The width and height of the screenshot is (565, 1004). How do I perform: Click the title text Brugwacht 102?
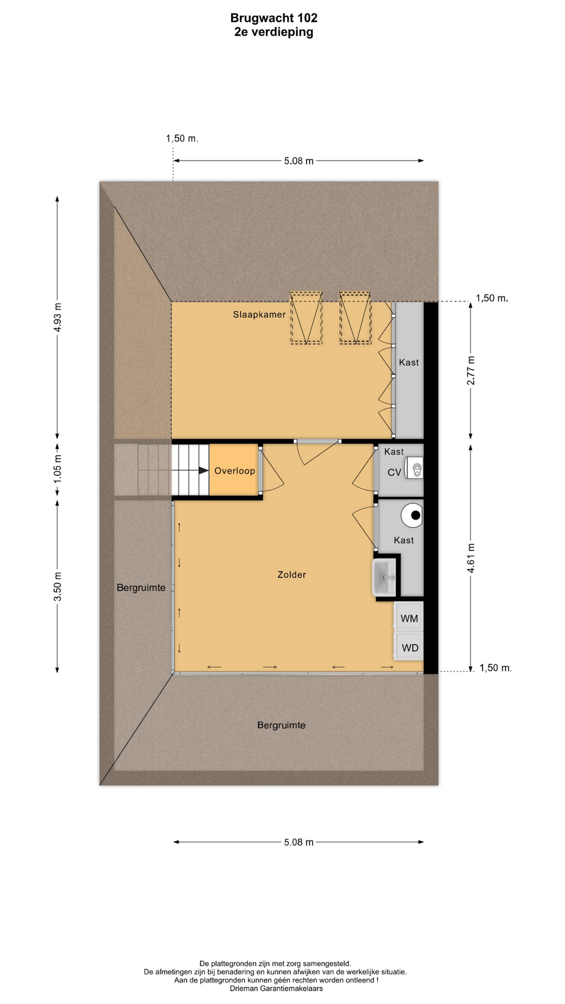[274, 18]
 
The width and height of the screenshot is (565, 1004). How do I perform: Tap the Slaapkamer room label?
[259, 314]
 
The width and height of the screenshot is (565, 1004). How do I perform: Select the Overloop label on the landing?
[234, 471]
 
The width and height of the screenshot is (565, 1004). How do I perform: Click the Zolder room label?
[291, 575]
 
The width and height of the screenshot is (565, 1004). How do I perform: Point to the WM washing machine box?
[409, 618]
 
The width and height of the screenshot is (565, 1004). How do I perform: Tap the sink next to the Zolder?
[385, 577]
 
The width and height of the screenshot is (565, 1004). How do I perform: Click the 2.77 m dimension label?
[471, 370]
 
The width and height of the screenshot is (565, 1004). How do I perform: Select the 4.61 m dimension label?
[471, 558]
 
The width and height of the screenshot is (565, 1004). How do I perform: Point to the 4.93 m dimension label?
[58, 317]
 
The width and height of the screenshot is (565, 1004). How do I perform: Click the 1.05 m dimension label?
[58, 468]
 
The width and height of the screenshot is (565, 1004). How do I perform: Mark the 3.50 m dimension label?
[58, 587]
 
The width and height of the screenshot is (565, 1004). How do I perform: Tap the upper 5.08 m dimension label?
[299, 161]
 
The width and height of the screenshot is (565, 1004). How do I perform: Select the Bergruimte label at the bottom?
[281, 725]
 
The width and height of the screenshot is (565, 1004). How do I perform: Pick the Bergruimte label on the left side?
[141, 588]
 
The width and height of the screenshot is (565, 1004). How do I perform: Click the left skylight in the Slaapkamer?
[306, 318]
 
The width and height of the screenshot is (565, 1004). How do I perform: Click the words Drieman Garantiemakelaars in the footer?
[276, 988]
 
